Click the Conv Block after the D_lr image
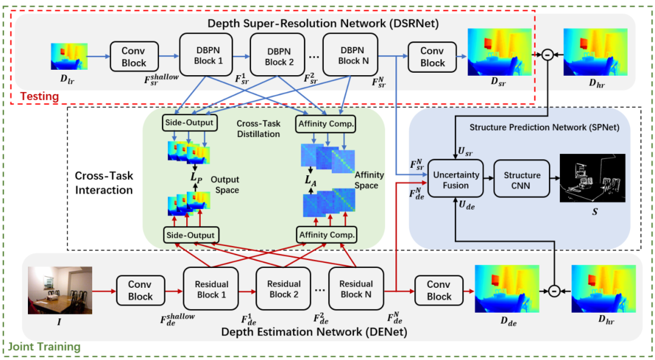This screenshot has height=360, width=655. click(134, 57)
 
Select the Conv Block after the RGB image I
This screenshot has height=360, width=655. click(140, 290)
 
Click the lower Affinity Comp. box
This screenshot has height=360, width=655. click(326, 234)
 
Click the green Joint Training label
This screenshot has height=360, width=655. click(44, 347)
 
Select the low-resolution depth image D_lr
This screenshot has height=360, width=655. click(69, 56)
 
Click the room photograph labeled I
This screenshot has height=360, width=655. click(59, 290)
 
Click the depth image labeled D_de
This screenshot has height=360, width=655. click(506, 288)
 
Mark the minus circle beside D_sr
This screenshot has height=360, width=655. click(546, 55)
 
